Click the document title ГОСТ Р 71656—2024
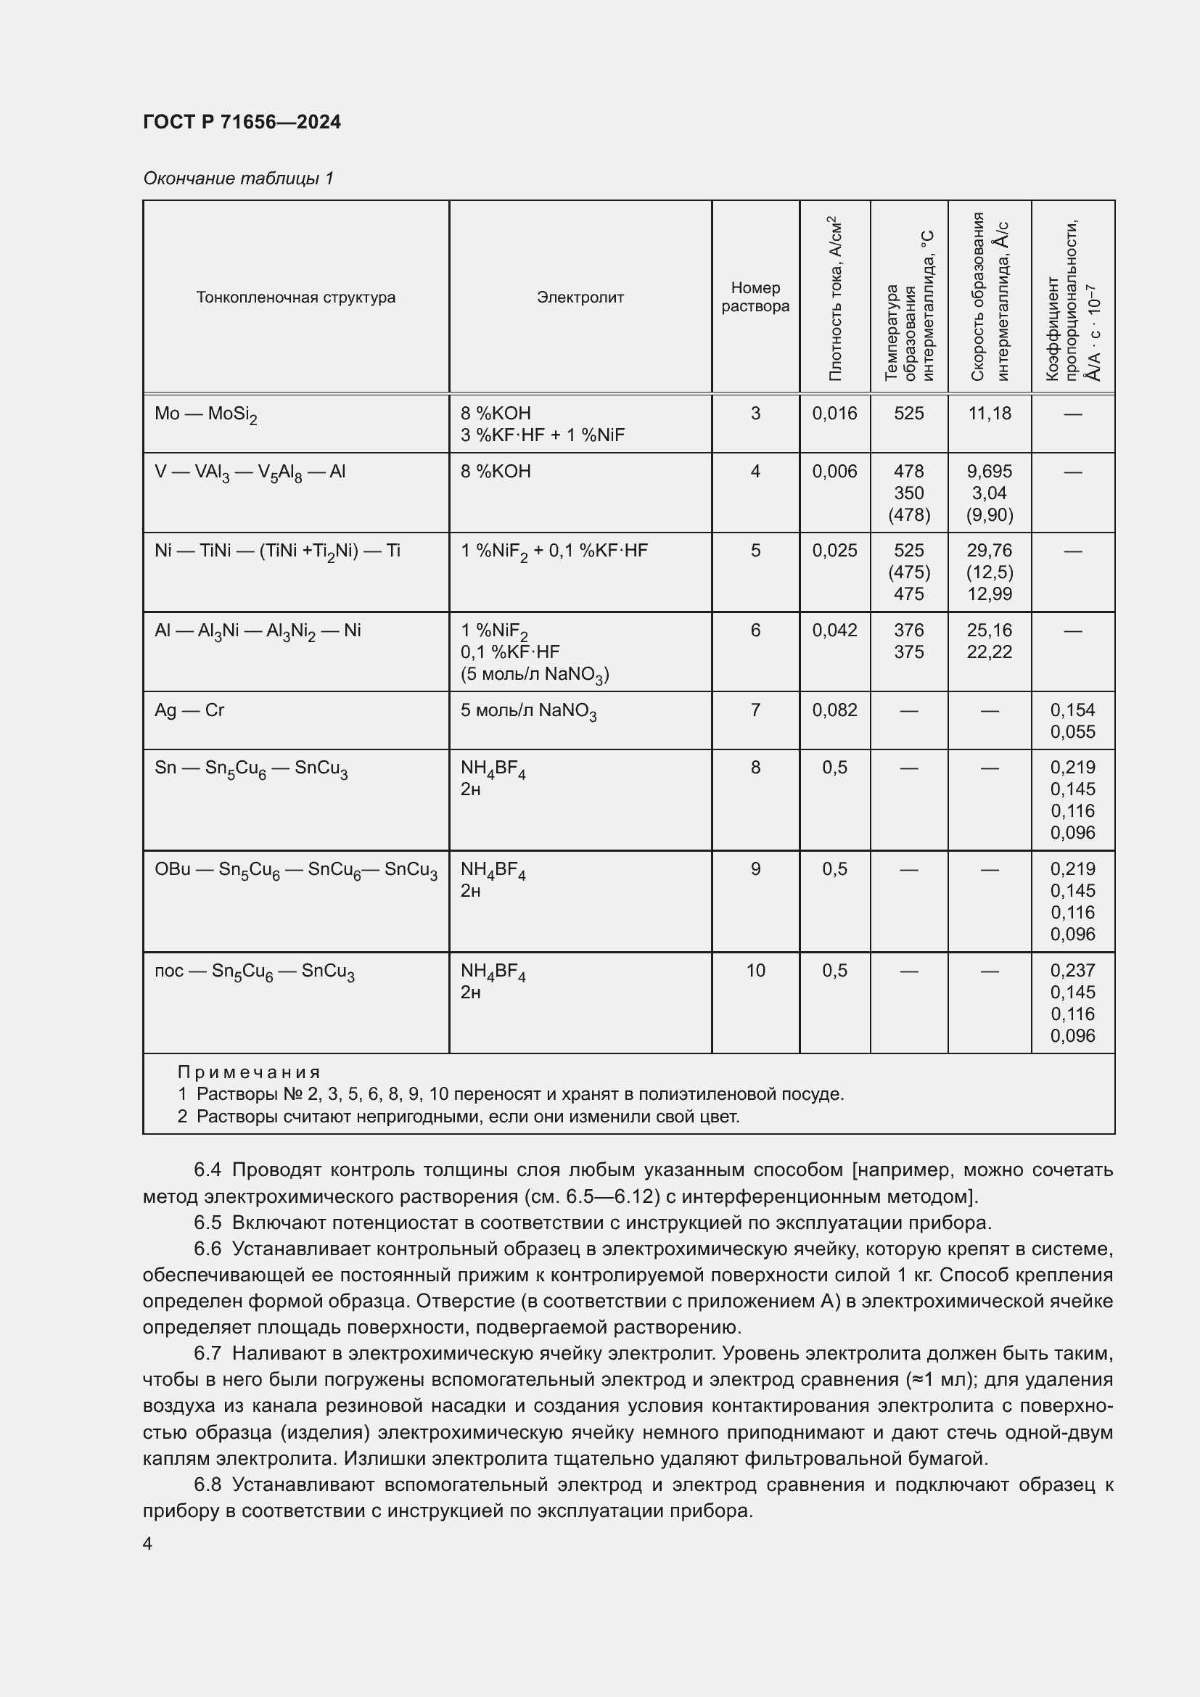242,122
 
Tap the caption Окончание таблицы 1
238,178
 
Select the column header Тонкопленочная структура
295,297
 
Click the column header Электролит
580,297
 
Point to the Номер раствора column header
755,297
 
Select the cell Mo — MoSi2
205,414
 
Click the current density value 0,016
834,413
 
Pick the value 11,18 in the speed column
990,413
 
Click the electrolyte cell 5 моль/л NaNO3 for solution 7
528,711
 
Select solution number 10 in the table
755,971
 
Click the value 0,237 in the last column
1072,971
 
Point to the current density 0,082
834,710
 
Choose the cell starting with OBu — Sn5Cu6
295,870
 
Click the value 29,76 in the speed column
990,551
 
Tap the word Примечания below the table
249,1072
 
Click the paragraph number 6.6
207,1249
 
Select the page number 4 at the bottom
147,1544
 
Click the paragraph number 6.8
207,1485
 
